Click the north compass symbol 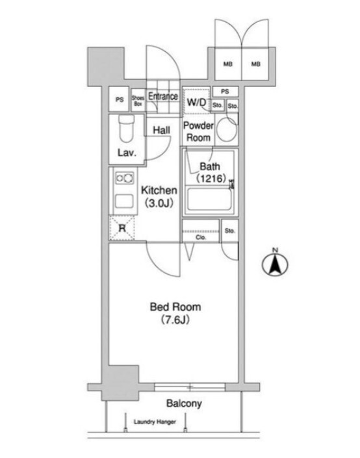pyautogui.click(x=275, y=264)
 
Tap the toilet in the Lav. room pyautogui.click(x=127, y=129)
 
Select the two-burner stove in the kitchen pyautogui.click(x=125, y=178)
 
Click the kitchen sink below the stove pyautogui.click(x=125, y=201)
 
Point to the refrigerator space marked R pyautogui.click(x=122, y=228)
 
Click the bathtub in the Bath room pyautogui.click(x=209, y=199)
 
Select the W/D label pyautogui.click(x=196, y=102)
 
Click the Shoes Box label pyautogui.click(x=138, y=101)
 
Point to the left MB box pyautogui.click(x=228, y=64)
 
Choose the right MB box pyautogui.click(x=255, y=64)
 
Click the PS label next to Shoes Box pyautogui.click(x=120, y=100)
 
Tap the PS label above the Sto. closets pyautogui.click(x=225, y=92)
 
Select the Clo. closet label pyautogui.click(x=201, y=238)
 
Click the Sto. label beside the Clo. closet pyautogui.click(x=230, y=231)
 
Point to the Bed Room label pyautogui.click(x=175, y=307)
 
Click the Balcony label pyautogui.click(x=184, y=403)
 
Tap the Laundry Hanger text pyautogui.click(x=155, y=422)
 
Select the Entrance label pyautogui.click(x=163, y=96)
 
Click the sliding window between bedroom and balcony pyautogui.click(x=190, y=387)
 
